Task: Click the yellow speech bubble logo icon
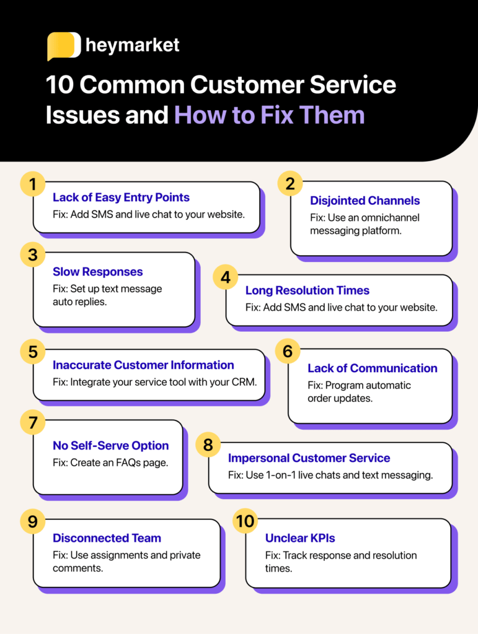[x=63, y=46]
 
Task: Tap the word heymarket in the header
[x=133, y=46]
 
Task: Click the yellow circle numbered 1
[x=33, y=183]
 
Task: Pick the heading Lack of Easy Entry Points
[x=121, y=198]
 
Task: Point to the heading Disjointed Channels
[x=365, y=201]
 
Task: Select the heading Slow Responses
[x=97, y=272]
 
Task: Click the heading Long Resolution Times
[x=307, y=290]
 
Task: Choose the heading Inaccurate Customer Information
[x=143, y=365]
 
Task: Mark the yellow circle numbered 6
[x=288, y=351]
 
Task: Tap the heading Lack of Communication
[x=372, y=368]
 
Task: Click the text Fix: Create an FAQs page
[x=105, y=462]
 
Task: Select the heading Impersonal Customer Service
[x=309, y=458]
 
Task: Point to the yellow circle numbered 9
[x=33, y=521]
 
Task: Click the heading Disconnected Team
[x=107, y=538]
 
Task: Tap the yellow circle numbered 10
[x=246, y=521]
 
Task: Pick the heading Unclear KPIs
[x=301, y=538]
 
